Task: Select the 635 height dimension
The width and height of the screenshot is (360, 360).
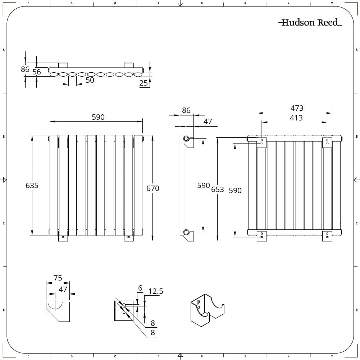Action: (32, 186)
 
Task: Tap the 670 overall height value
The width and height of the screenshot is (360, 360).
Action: (153, 188)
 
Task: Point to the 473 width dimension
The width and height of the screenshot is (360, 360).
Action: (297, 108)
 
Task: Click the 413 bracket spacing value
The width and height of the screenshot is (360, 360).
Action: (296, 118)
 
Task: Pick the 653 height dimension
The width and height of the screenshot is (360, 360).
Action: (218, 190)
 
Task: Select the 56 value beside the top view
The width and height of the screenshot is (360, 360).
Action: (37, 72)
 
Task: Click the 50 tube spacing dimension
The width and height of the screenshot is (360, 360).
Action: (90, 80)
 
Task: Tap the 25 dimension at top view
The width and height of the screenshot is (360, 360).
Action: (143, 83)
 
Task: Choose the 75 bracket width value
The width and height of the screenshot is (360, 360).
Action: (58, 278)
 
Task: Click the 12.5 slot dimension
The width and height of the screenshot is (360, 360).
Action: (156, 291)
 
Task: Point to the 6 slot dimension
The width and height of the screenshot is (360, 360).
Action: (140, 288)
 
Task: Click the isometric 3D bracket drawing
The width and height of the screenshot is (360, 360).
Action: (206, 310)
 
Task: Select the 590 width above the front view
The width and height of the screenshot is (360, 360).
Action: (98, 117)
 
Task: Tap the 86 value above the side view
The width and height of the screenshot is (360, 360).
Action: (186, 110)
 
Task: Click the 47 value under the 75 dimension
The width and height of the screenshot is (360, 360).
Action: (63, 289)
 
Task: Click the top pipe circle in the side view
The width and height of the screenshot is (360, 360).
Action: (186, 138)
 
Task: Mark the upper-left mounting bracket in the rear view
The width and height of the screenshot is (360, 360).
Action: (261, 141)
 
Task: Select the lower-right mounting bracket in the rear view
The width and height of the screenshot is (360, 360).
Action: (327, 236)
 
